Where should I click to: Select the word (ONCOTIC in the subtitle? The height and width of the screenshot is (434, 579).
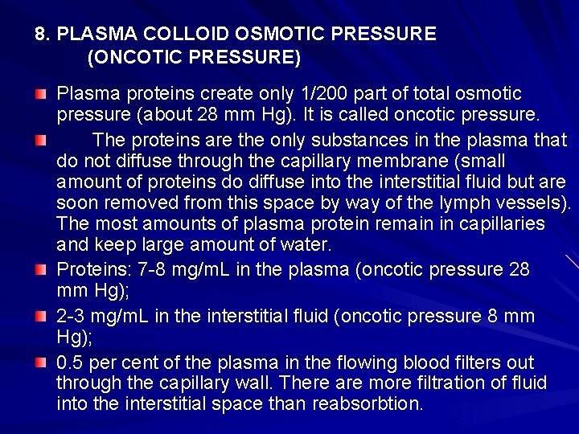tap(125, 58)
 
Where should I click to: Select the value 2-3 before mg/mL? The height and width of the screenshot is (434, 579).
tap(73, 317)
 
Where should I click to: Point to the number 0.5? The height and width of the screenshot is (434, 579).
tap(69, 362)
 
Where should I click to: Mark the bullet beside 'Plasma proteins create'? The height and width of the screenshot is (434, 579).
tap(41, 95)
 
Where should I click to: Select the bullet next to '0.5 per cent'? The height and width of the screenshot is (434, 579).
tap(41, 363)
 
